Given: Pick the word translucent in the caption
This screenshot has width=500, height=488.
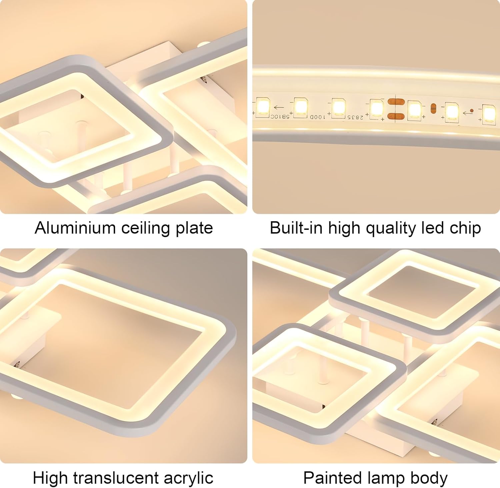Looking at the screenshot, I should [116, 478].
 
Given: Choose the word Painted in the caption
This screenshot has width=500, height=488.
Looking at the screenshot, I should [332, 478].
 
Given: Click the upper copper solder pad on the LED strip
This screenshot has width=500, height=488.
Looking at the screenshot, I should [396, 102].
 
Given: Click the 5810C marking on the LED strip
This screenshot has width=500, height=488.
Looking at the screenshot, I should [279, 116].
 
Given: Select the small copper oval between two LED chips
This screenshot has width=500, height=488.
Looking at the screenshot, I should [433, 108].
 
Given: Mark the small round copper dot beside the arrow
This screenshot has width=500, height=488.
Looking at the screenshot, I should [471, 110].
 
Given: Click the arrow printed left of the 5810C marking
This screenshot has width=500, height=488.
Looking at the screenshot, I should [279, 107].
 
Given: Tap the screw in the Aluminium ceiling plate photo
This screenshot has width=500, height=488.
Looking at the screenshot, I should [203, 79].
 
